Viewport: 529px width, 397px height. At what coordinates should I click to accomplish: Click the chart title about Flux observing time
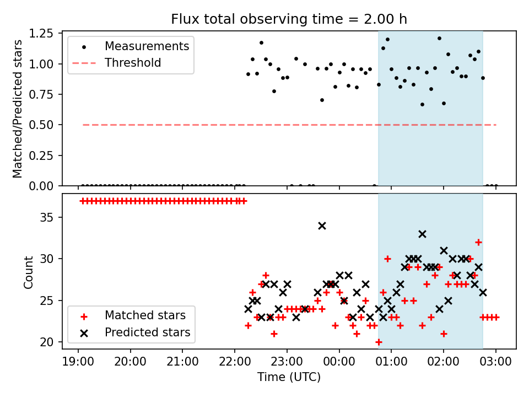(289, 19)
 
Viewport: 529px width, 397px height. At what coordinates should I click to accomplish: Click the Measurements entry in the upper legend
(147, 46)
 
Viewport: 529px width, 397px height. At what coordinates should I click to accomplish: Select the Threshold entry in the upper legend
(133, 63)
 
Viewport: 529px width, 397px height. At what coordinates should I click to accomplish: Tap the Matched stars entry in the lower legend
(145, 316)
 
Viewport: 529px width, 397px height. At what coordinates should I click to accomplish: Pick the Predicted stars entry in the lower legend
(147, 332)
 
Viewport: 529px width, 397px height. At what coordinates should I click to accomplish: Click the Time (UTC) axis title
(289, 378)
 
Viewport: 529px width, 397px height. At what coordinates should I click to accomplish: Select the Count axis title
(28, 272)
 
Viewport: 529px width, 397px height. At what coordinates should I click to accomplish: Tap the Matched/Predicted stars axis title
(18, 109)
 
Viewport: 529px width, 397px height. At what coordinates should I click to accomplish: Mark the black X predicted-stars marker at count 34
(322, 226)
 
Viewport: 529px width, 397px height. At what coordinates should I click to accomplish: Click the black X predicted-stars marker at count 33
(422, 234)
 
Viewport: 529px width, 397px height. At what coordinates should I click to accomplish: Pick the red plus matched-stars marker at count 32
(478, 242)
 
